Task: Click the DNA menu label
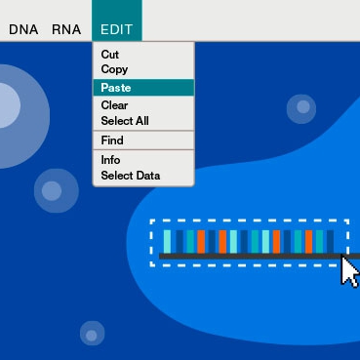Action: [x=23, y=29]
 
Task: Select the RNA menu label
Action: [x=66, y=29]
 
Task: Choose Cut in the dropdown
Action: [x=110, y=55]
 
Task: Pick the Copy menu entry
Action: [x=114, y=69]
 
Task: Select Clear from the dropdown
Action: [x=114, y=105]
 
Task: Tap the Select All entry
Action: [x=125, y=121]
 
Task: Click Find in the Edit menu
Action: [x=112, y=140]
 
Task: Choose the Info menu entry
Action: [x=110, y=160]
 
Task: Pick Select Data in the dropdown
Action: [x=131, y=176]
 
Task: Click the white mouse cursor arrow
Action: [x=350, y=270]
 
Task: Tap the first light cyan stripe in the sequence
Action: [x=167, y=242]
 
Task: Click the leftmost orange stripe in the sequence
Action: [x=201, y=242]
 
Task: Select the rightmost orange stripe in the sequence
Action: [x=308, y=242]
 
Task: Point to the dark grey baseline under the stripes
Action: [x=260, y=257]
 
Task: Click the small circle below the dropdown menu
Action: [x=93, y=334]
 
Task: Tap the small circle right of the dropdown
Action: [x=301, y=108]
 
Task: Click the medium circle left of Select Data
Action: [x=57, y=190]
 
